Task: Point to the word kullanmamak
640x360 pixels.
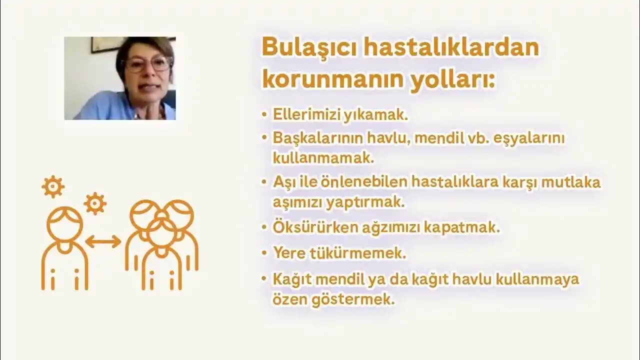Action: [x=323, y=157]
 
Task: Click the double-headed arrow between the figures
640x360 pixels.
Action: [x=103, y=241]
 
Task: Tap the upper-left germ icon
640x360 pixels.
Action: [x=53, y=186]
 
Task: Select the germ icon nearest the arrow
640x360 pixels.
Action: [x=95, y=203]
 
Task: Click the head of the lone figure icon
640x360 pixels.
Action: [x=64, y=223]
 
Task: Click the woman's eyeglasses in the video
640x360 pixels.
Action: [x=147, y=64]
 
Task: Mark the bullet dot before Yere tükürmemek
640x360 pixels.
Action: [x=264, y=252]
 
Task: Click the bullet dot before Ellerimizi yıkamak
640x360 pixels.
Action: [x=264, y=114]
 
